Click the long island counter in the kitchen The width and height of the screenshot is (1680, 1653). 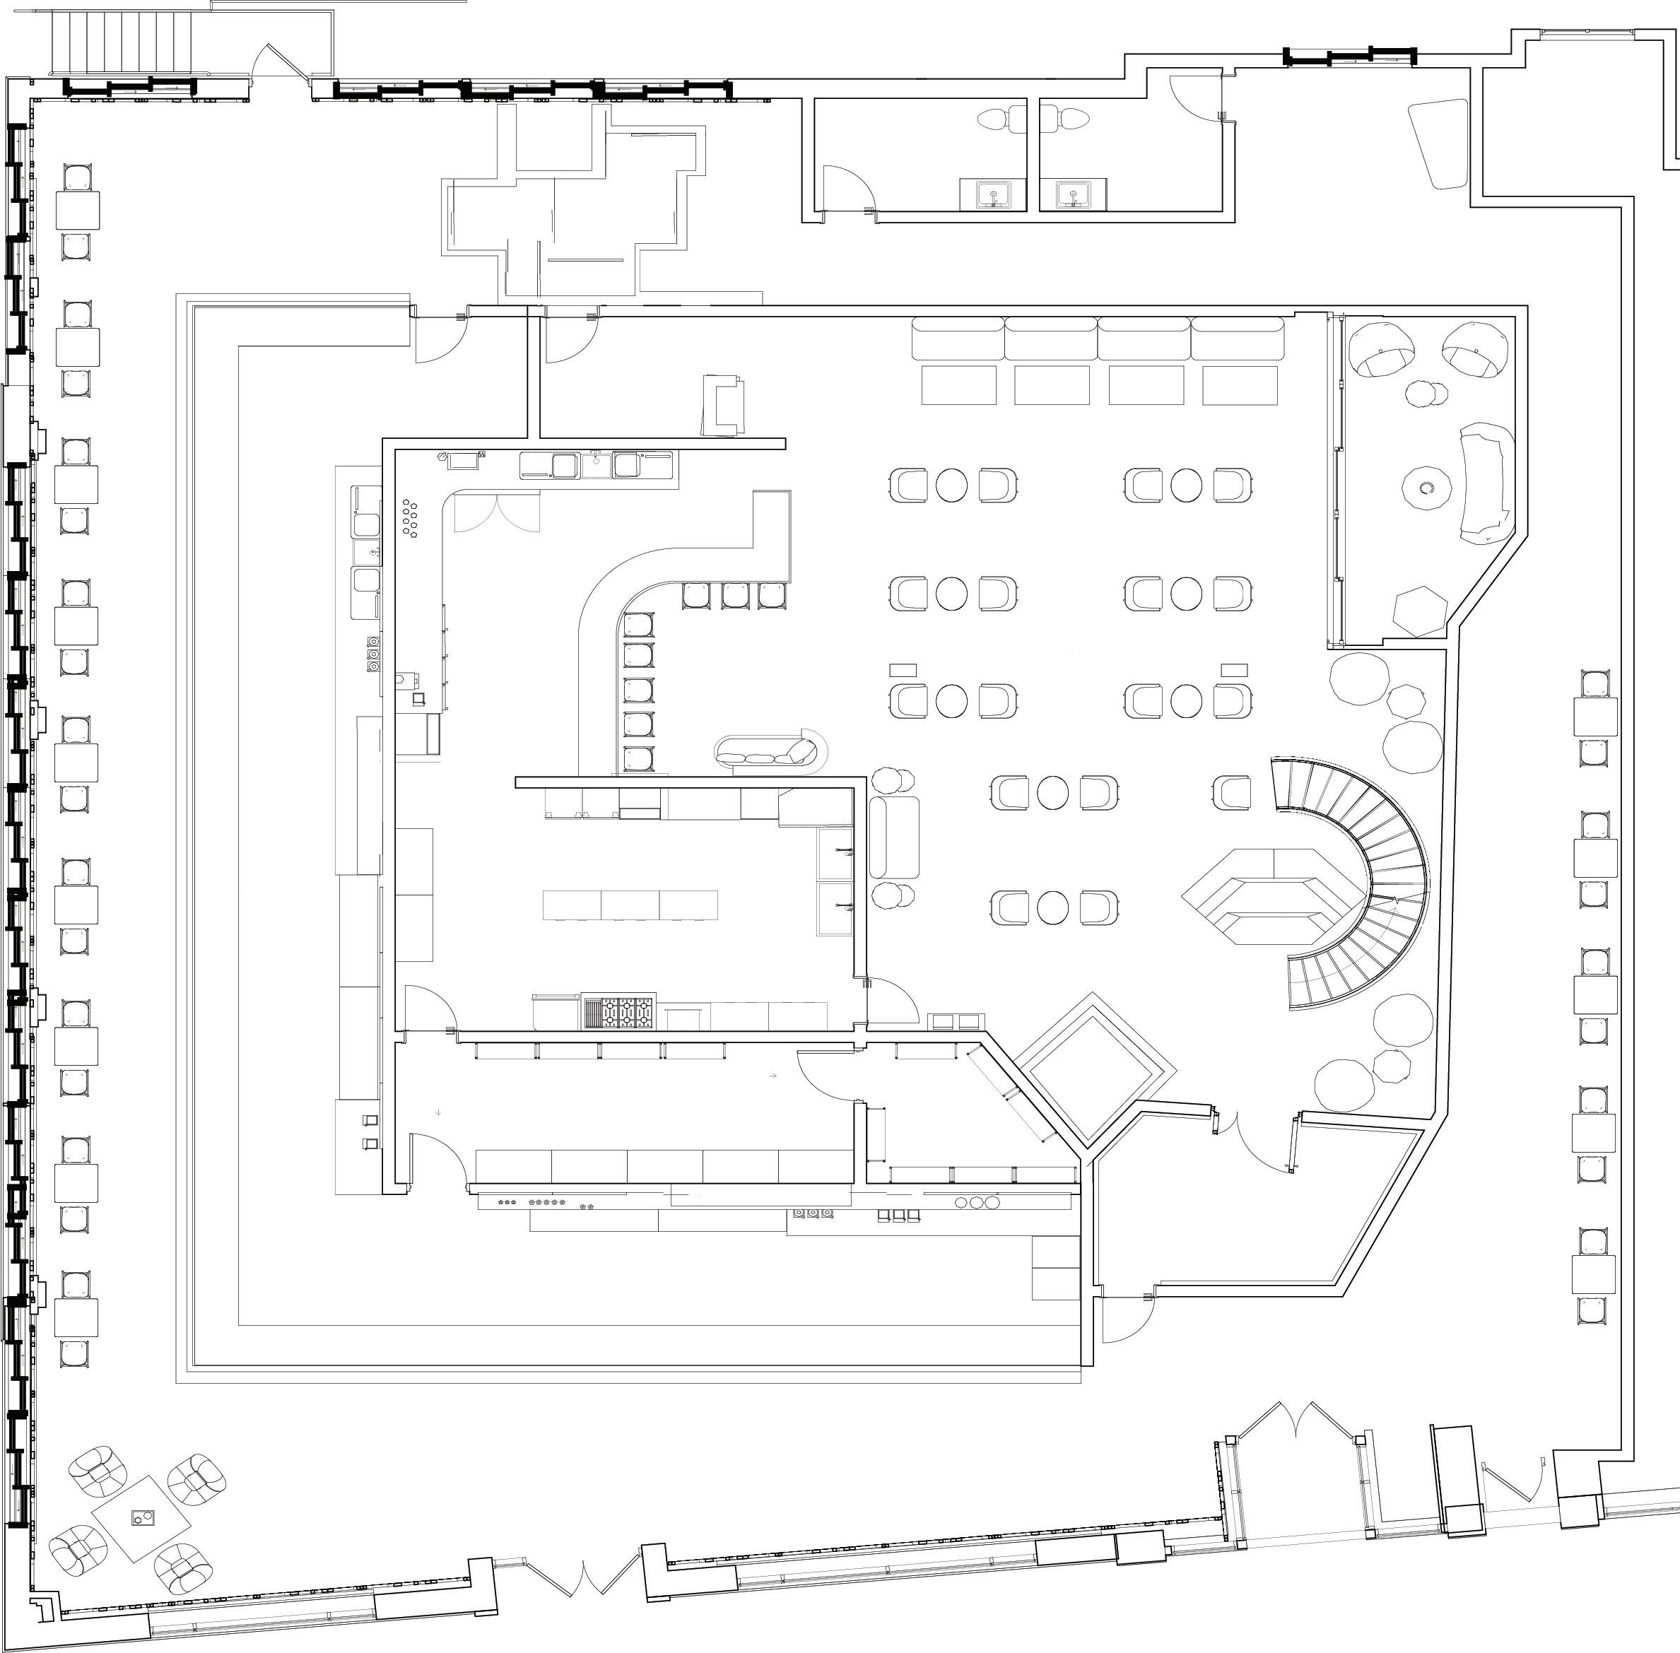pyautogui.click(x=630, y=905)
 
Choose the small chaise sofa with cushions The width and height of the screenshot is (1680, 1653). pyautogui.click(x=768, y=751)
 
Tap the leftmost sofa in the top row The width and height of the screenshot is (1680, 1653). pyautogui.click(x=958, y=339)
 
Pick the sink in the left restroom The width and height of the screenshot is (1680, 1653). pyautogui.click(x=992, y=193)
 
